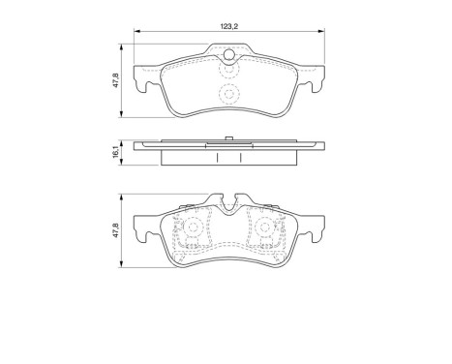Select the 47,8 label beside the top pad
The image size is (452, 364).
coord(116,80)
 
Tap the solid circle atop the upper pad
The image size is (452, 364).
coord(229,69)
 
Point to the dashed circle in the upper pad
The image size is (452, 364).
coord(228,94)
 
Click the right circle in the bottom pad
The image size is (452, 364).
coord(263,230)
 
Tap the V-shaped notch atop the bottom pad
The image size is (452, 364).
coord(229,204)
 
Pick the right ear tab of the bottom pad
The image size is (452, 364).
coord(316,235)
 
